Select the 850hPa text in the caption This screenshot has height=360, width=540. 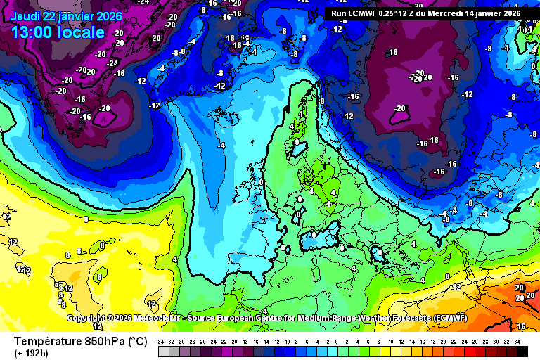point(105,342)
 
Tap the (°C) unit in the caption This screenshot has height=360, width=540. point(136,342)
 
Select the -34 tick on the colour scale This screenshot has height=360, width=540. point(162,341)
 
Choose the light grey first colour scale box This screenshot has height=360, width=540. point(163,350)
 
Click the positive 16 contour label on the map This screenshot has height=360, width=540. point(521,326)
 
